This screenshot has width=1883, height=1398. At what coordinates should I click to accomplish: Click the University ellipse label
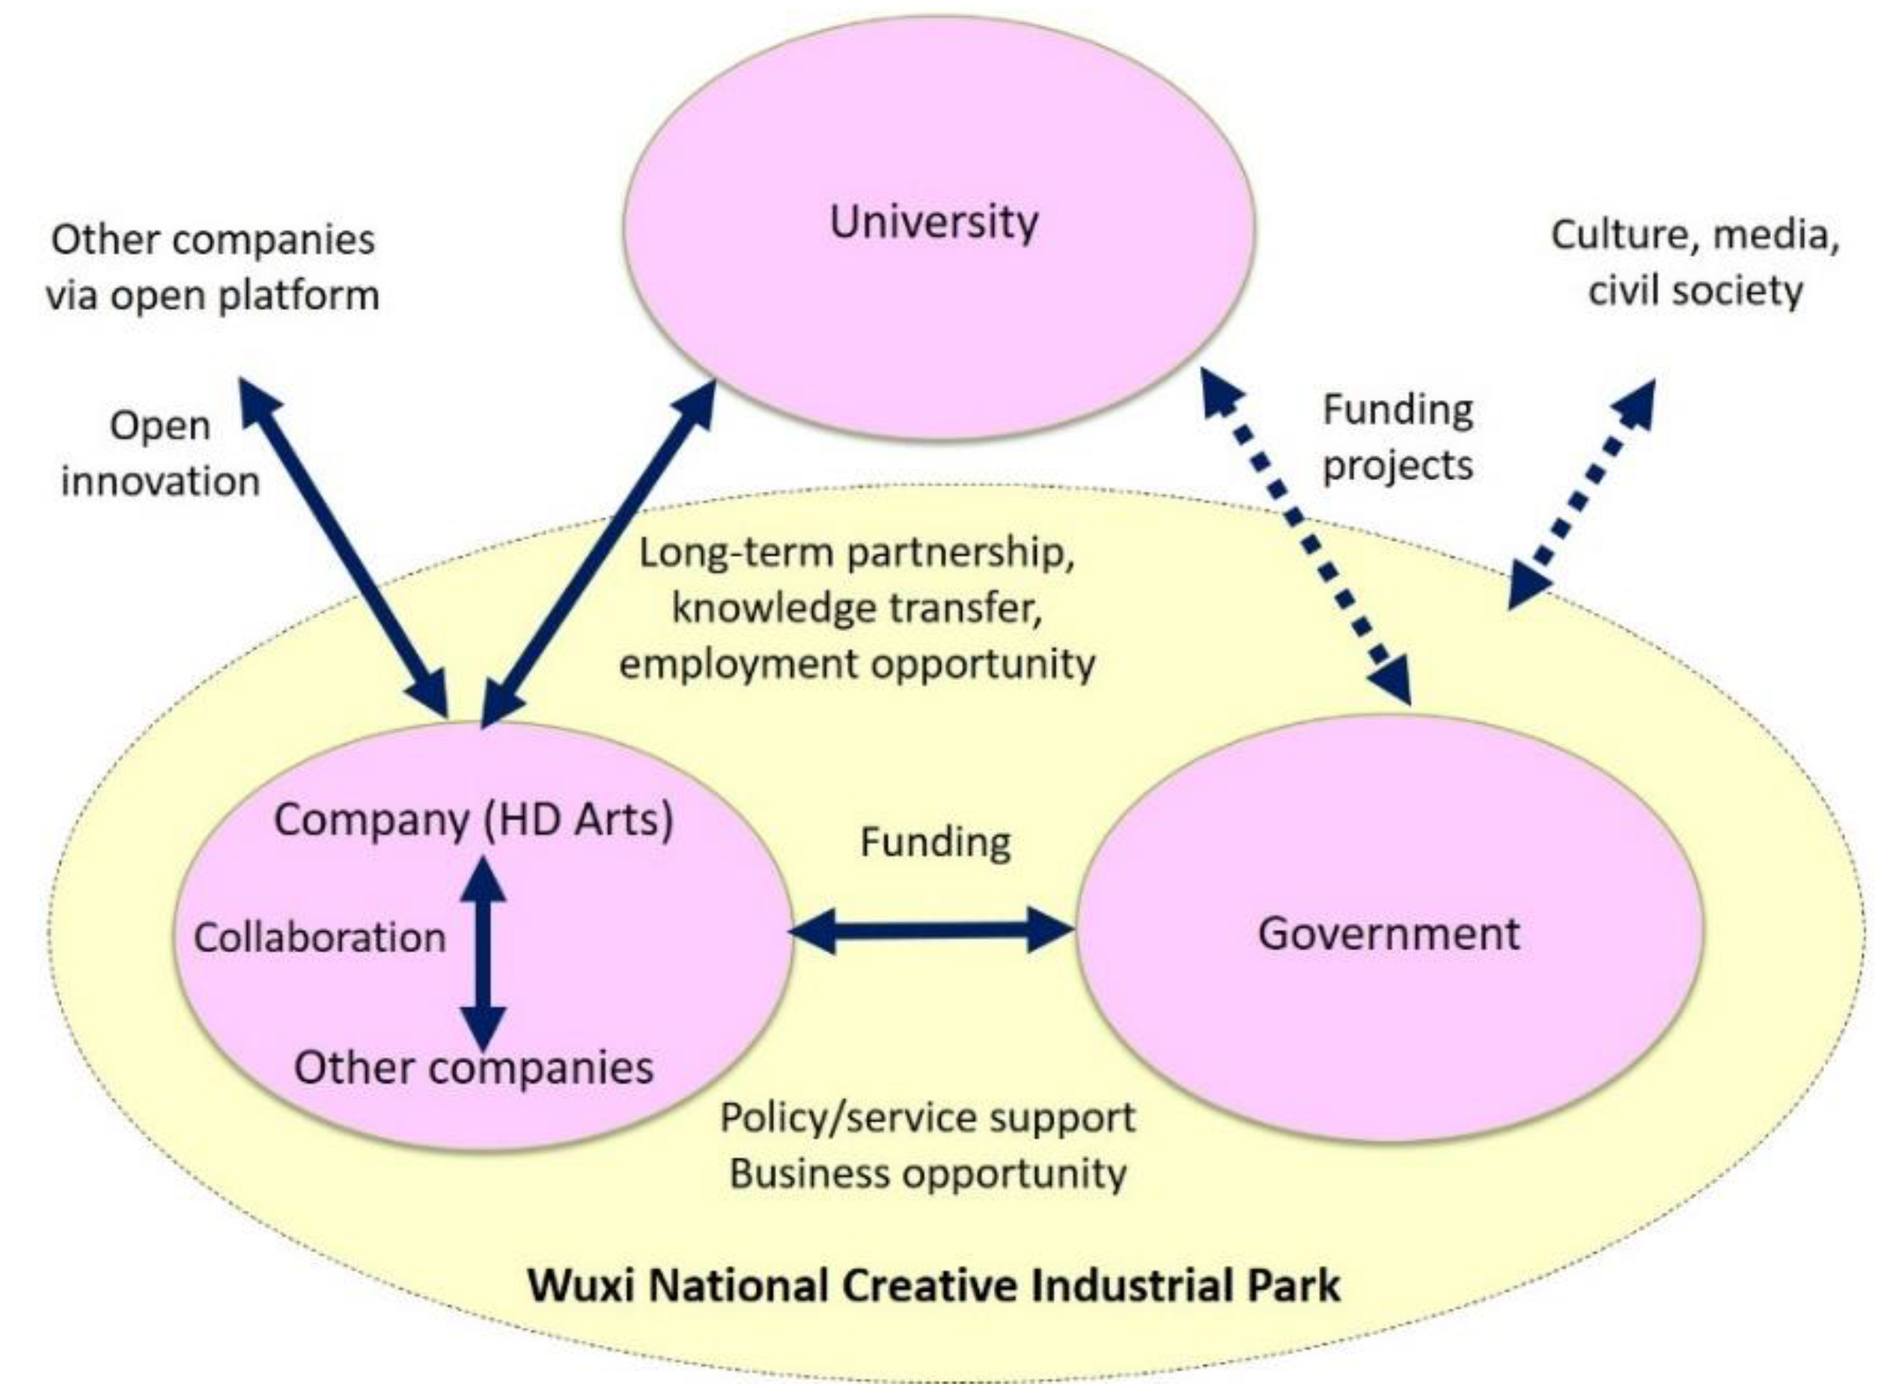tap(934, 222)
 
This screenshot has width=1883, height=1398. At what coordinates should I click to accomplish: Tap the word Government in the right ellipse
tap(1388, 934)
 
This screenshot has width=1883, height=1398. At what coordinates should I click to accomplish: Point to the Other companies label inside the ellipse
tap(473, 1067)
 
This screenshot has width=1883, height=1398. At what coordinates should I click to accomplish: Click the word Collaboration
tap(320, 937)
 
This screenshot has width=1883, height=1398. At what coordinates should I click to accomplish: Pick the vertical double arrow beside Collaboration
tap(483, 952)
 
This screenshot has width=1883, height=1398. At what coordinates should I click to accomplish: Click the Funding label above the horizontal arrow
tap(935, 842)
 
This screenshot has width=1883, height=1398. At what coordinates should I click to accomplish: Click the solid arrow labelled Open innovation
tap(343, 547)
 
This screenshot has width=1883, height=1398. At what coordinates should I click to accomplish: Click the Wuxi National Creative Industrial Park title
tap(934, 1285)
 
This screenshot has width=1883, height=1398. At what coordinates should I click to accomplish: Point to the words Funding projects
tap(1397, 438)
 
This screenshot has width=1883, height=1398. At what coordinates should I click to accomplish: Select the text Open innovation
tap(160, 453)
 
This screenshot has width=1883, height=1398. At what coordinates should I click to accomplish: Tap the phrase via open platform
tap(212, 295)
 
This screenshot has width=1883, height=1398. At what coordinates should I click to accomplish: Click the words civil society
tap(1695, 291)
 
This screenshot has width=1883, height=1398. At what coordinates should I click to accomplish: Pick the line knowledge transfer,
tap(856, 608)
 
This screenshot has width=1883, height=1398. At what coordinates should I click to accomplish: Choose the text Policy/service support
tap(927, 1117)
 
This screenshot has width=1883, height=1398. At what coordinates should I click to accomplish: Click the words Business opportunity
tap(927, 1174)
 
